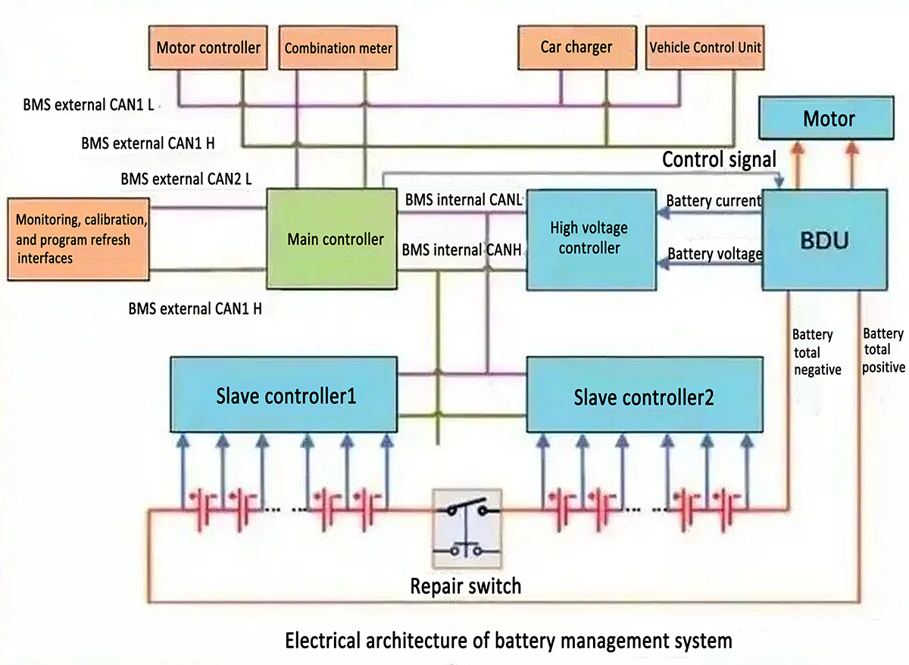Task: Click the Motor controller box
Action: coord(208,48)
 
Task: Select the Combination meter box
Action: coord(339,48)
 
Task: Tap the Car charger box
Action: coord(576,47)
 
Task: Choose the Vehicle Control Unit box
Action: coord(704,47)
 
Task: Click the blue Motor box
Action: coord(829,119)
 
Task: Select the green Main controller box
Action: coord(335,239)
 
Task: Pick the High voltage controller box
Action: coord(589,238)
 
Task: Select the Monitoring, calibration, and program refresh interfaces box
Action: coord(80,239)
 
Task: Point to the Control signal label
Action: coord(719,160)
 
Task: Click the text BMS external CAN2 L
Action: coord(186,180)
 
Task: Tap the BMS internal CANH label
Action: coord(461,249)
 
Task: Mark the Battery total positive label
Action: coord(883,350)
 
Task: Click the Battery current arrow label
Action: coord(713,201)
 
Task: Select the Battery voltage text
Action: coord(714,254)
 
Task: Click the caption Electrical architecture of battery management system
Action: coord(508,641)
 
